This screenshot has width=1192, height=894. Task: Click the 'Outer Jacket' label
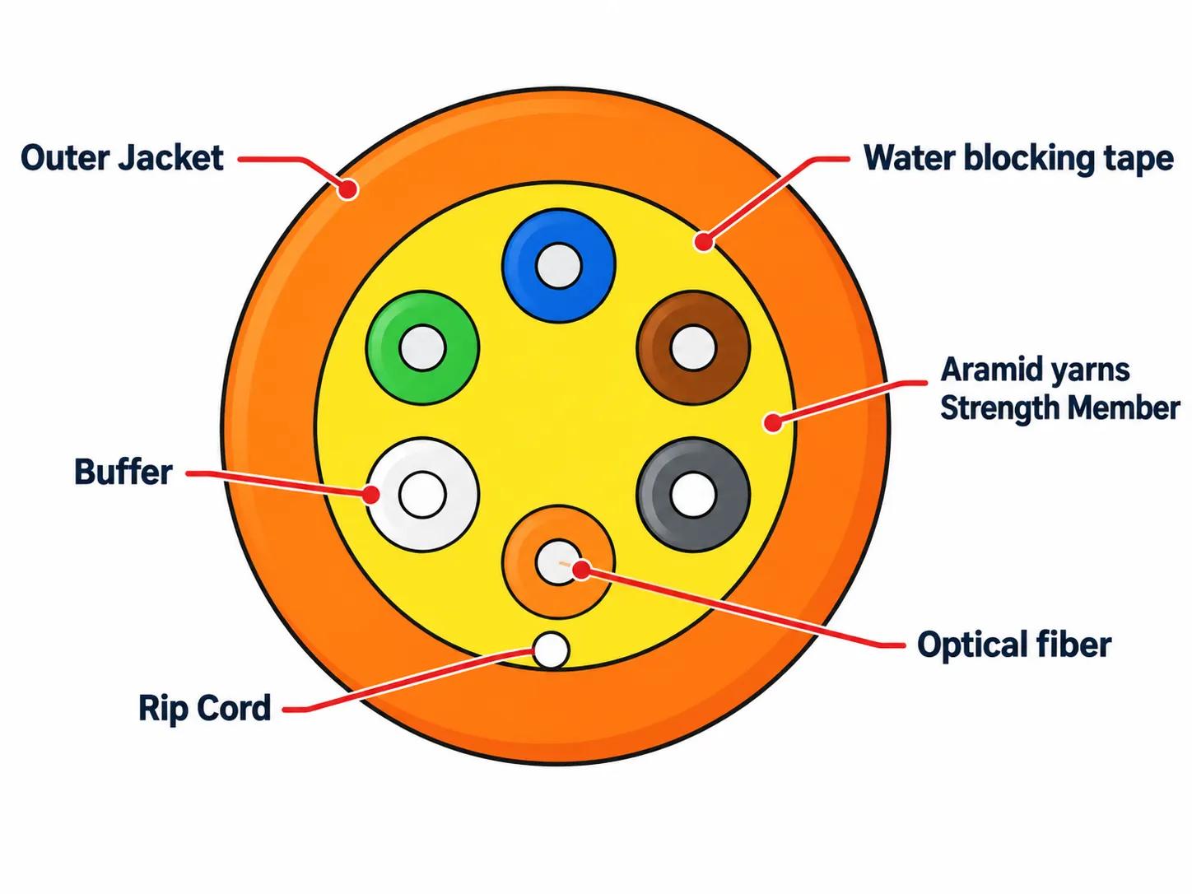122,159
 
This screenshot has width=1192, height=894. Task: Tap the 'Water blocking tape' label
1018,159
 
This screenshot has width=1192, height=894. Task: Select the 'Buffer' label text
123,472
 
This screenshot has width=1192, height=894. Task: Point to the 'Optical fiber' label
1014,645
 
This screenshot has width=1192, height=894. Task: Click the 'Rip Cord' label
205,708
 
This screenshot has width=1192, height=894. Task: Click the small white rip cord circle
552,650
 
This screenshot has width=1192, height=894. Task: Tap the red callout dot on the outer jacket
347,189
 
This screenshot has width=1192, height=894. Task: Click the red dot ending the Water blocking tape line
704,240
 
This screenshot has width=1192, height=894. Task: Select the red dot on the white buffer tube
371,495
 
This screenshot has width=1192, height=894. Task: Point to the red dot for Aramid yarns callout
772,421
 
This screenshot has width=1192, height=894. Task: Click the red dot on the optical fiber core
582,570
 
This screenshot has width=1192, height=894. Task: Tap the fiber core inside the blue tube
559,266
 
